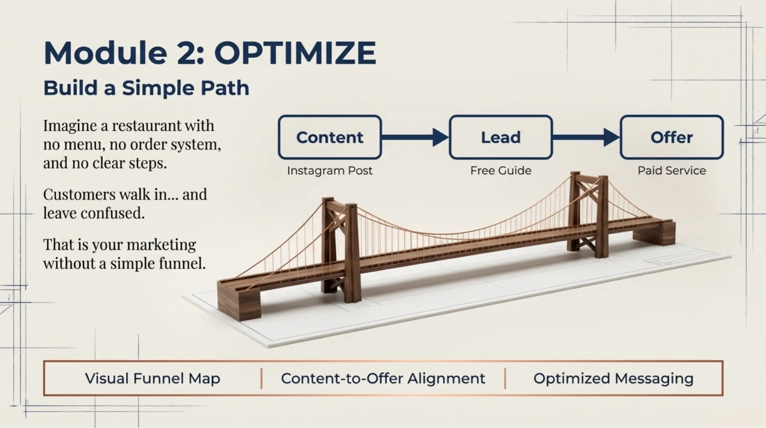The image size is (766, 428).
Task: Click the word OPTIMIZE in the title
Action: tap(295, 53)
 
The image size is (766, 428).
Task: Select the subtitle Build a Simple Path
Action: tap(146, 88)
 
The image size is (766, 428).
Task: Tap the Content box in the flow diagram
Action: tap(330, 137)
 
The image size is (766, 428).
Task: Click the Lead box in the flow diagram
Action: tap(501, 137)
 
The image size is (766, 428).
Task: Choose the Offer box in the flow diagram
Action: tap(672, 137)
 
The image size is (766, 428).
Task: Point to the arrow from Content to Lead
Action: tap(415, 137)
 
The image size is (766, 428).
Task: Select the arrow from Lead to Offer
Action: tap(586, 137)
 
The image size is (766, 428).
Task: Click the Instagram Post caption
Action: tap(330, 171)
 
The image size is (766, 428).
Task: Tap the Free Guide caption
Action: tap(501, 171)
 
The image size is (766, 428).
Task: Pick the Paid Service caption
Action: tap(672, 171)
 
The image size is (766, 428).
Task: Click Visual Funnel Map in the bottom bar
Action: tap(152, 378)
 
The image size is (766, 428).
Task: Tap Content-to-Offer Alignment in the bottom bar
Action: tap(383, 378)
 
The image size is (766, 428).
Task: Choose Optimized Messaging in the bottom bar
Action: tap(614, 379)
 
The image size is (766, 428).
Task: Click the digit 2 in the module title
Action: tap(187, 53)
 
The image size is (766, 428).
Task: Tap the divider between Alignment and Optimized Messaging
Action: tap(505, 378)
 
